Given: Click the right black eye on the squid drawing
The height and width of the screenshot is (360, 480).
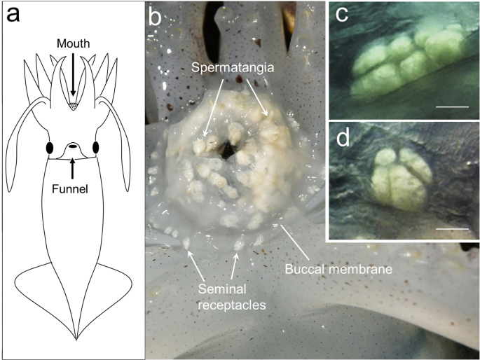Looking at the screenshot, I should click(95, 148).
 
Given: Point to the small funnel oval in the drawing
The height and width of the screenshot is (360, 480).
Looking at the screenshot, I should click(73, 148).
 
